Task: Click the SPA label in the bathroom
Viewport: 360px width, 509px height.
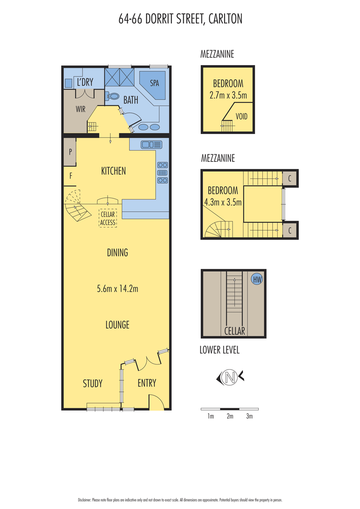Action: click(x=154, y=83)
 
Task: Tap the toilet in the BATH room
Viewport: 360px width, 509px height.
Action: click(x=112, y=96)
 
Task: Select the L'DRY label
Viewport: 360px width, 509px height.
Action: click(x=85, y=82)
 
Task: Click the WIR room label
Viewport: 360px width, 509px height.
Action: click(x=81, y=109)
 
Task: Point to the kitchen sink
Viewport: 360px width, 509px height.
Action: click(x=151, y=144)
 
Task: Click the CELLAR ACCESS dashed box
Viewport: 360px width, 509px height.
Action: click(x=108, y=218)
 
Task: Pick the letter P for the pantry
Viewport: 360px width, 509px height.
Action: click(x=70, y=152)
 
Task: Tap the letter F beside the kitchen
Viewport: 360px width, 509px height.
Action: click(x=71, y=176)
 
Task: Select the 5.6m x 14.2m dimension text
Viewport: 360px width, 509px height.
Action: click(x=117, y=289)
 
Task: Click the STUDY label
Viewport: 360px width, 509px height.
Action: click(x=93, y=384)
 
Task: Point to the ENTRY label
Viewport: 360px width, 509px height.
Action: click(x=147, y=383)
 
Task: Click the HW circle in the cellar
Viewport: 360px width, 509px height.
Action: click(x=257, y=279)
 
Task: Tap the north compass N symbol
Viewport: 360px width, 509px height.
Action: click(x=230, y=377)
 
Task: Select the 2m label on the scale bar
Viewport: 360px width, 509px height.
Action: click(x=230, y=416)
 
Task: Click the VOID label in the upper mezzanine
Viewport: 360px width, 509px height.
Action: click(x=241, y=116)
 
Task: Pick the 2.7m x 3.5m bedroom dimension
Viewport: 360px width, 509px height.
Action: click(x=228, y=95)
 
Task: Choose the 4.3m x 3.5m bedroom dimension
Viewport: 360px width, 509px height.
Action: click(x=223, y=202)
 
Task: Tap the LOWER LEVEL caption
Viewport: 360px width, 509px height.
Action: click(x=220, y=350)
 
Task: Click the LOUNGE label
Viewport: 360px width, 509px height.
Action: click(x=117, y=325)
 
